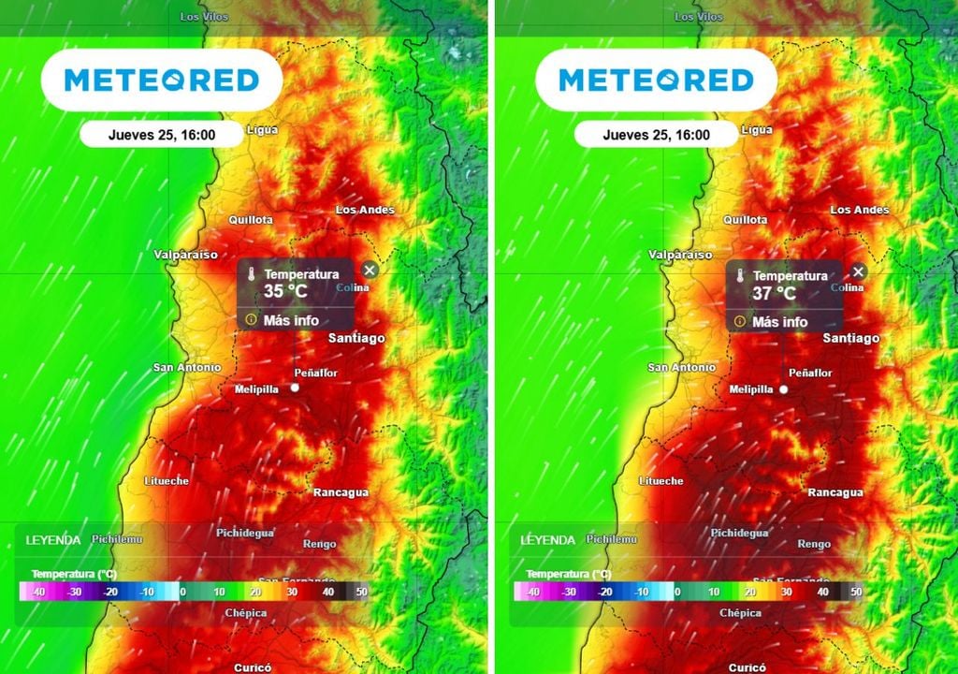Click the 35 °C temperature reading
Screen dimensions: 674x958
[x=285, y=291]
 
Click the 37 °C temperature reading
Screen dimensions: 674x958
[x=775, y=293]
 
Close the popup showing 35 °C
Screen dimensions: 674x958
[x=370, y=271]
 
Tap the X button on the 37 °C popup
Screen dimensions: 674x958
[x=858, y=271]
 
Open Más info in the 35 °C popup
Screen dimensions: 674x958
[x=291, y=320]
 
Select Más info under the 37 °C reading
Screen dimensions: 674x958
[x=779, y=322]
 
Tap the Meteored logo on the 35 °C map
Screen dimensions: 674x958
[x=161, y=81]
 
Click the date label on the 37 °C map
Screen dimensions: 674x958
[x=656, y=135]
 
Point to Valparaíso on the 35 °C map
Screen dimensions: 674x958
[x=185, y=255]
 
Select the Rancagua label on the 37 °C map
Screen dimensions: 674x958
[x=835, y=492]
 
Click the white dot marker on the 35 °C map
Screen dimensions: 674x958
[x=295, y=388]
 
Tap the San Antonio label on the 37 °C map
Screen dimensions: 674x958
[x=681, y=368]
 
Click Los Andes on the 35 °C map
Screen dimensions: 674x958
[x=365, y=210]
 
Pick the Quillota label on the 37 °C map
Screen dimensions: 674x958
[x=745, y=220]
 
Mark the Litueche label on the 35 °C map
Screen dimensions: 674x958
[x=167, y=481]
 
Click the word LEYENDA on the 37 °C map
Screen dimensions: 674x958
[x=546, y=540]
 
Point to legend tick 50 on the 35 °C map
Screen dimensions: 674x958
[x=361, y=592]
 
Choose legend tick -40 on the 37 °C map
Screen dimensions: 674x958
[x=531, y=592]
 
